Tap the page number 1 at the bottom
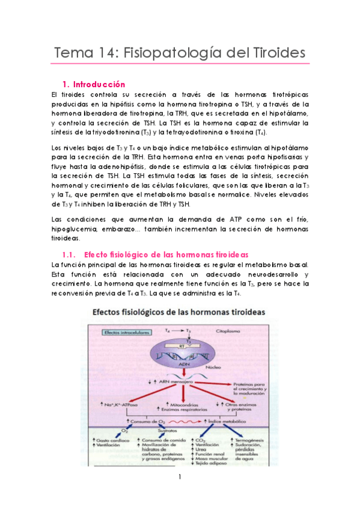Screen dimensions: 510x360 pyautogui.click(x=180, y=477)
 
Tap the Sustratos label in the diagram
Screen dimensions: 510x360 pyautogui.click(x=159, y=432)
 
